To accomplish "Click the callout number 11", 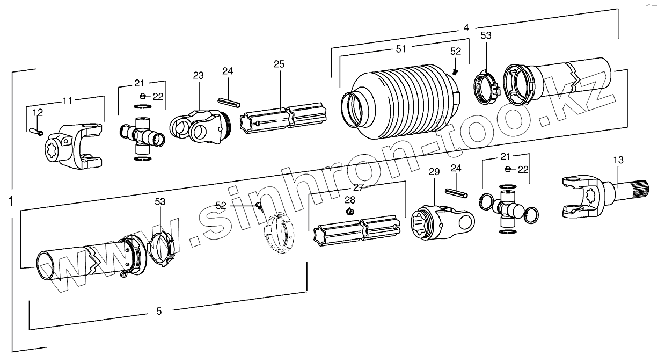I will tap(68, 100).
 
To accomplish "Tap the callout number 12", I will tap(38, 112).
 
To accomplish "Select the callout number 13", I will tap(618, 160).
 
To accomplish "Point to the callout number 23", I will tap(199, 76).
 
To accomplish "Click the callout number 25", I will tap(279, 64).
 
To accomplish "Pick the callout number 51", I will tap(400, 49).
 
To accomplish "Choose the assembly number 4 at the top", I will tap(466, 27).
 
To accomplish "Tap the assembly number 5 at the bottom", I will tap(159, 310).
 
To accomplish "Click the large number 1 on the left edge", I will tap(11, 201).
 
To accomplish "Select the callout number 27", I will tap(358, 187).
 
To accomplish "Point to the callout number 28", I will tap(350, 200).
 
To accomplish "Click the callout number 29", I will tap(434, 172).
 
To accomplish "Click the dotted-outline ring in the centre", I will tap(280, 235).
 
